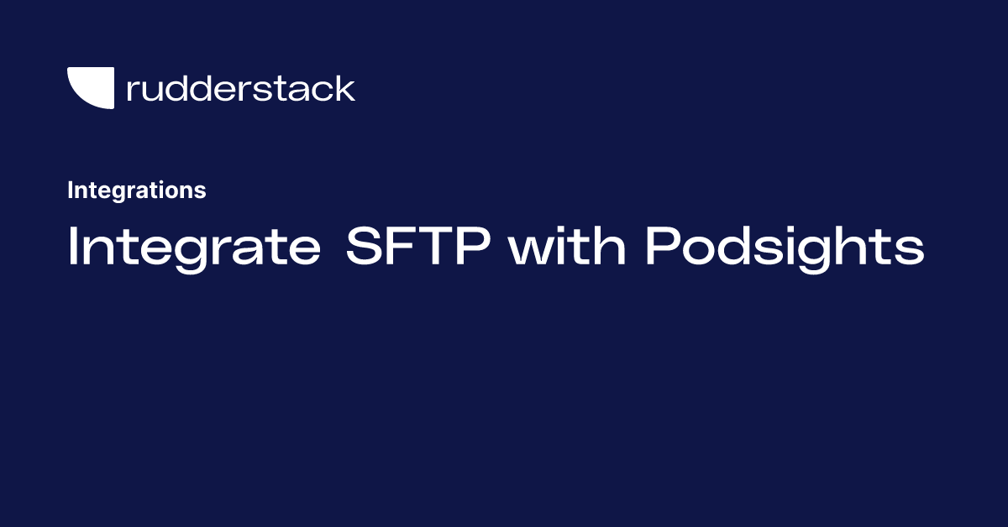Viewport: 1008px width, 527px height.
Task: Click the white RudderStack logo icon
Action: tap(90, 88)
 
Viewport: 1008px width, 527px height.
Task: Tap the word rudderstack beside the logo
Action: tap(240, 88)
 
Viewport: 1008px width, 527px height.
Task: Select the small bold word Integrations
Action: tap(136, 190)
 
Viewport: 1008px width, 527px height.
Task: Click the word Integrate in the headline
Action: tap(193, 247)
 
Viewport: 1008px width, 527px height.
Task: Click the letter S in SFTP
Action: tap(363, 247)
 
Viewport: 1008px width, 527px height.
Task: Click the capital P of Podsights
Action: tap(662, 247)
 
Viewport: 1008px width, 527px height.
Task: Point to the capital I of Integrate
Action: tap(73, 247)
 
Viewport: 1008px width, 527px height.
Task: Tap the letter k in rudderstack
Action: tap(345, 87)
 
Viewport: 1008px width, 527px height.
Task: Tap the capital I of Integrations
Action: tap(70, 190)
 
